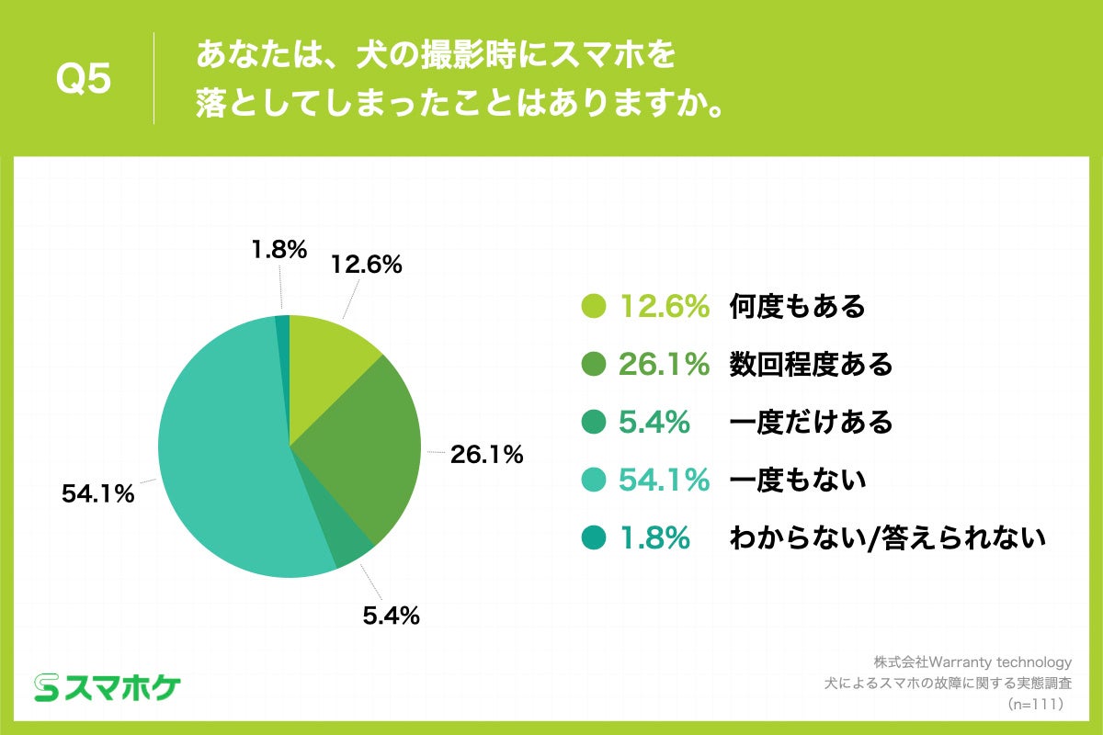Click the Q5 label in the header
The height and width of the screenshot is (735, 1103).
point(84,81)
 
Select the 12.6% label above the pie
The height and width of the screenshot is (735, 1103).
point(367,266)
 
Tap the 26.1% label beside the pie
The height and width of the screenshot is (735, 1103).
point(486,454)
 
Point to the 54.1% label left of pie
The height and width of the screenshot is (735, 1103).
point(98,493)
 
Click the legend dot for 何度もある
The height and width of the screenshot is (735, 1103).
point(594,307)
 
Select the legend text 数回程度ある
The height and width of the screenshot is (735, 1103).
point(811,365)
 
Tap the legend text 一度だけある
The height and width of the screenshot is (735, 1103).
point(811,423)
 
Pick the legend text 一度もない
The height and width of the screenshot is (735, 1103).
point(798,480)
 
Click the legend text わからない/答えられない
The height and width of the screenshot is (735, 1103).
point(887,538)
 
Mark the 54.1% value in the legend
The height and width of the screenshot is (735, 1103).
point(664,480)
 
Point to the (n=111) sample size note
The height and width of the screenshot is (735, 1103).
point(1036,704)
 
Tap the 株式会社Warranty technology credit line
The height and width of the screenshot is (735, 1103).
point(972,661)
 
